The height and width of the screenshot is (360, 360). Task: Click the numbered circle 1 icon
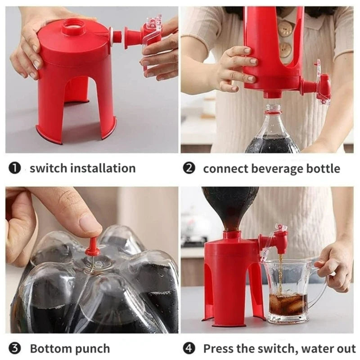pyautogui.click(x=15, y=168)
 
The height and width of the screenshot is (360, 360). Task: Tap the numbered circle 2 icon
pyautogui.click(x=189, y=169)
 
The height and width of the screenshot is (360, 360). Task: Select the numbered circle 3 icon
pyautogui.click(x=15, y=348)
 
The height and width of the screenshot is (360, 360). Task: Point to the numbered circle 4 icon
pyautogui.click(x=189, y=348)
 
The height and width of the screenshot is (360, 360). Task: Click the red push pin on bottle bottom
pyautogui.click(x=94, y=247)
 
